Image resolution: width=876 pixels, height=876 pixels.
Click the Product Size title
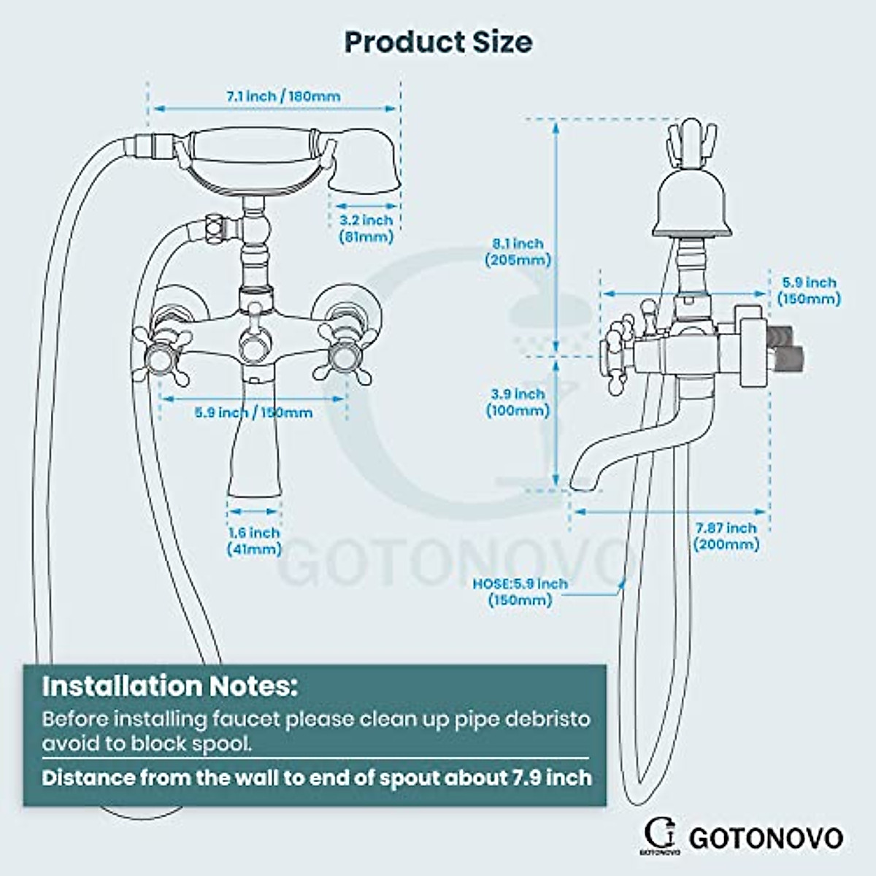438,42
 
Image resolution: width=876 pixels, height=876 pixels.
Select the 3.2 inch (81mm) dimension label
366,228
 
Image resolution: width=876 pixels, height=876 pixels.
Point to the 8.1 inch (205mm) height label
518,252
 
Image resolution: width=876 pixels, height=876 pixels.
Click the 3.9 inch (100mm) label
518,402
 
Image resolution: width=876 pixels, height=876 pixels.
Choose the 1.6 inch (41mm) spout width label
253,541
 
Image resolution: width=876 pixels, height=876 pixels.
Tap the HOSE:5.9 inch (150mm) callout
520,591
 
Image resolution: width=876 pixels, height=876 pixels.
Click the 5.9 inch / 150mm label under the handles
253,412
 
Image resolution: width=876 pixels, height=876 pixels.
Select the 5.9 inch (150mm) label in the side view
809,290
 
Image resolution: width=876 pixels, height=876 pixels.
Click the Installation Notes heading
169,686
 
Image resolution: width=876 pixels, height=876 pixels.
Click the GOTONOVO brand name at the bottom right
765,837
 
